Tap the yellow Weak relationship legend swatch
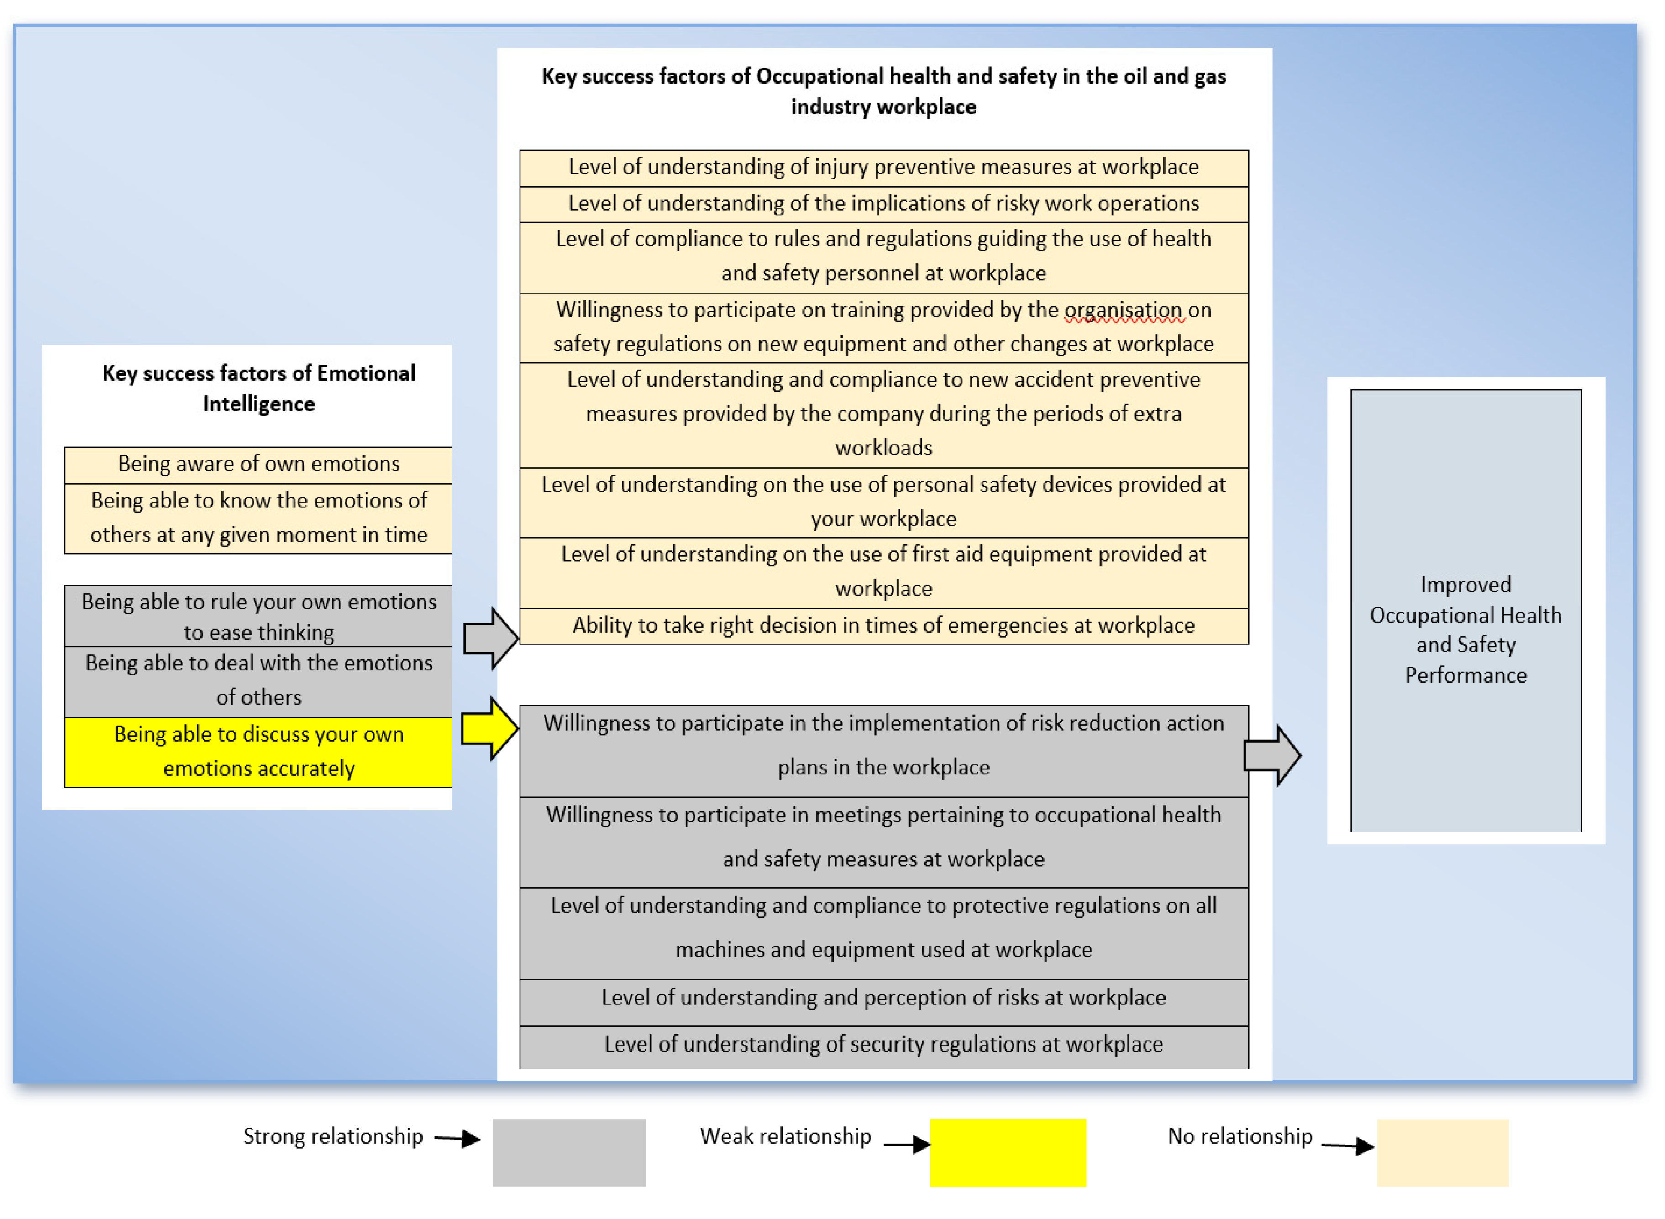tap(1008, 1152)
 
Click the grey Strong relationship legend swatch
tap(569, 1152)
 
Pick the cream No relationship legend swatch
tap(1443, 1152)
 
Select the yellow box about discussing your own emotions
tap(258, 752)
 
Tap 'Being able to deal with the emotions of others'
tap(258, 681)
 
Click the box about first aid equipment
tap(883, 572)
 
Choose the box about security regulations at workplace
tap(883, 1045)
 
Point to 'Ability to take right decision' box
tap(883, 626)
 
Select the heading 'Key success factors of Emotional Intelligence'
tap(258, 389)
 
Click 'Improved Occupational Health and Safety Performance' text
tap(1466, 629)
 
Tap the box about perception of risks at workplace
tap(883, 999)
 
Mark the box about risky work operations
tap(883, 204)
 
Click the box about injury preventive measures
tap(883, 167)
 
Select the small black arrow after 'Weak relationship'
tap(906, 1145)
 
